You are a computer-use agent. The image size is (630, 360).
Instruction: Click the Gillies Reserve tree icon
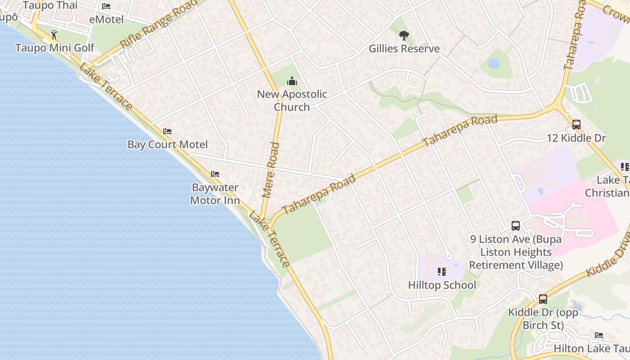coord(404,35)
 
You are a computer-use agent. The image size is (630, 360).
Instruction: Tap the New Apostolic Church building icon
coord(292,81)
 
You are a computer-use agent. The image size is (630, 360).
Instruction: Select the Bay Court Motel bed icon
coord(167,131)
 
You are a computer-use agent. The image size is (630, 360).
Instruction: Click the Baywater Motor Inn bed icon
coord(215,174)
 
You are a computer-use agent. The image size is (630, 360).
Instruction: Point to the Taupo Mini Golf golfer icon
coord(54,35)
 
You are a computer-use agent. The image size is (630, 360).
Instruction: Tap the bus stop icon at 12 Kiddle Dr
coord(576,125)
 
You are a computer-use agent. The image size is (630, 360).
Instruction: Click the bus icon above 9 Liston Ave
coord(516,226)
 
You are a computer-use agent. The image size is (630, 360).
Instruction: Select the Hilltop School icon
coord(441,272)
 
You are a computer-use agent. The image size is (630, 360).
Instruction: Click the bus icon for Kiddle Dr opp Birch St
coord(543,299)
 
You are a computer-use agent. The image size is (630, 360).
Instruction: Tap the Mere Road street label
coord(271,170)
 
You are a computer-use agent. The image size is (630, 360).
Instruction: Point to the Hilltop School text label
coord(442,285)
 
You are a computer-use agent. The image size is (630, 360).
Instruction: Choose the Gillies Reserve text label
coord(404,49)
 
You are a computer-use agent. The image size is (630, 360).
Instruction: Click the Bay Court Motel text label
coord(167,144)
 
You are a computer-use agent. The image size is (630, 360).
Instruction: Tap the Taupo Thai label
coord(50,5)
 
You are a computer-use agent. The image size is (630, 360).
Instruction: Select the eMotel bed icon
coord(106,6)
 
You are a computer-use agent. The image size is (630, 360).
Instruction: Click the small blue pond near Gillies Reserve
coord(494,63)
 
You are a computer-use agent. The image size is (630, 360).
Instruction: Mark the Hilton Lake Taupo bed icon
coord(599,335)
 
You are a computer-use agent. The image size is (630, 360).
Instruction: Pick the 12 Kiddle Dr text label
coord(576,138)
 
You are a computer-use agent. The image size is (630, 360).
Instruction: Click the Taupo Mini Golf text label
coord(55,48)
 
